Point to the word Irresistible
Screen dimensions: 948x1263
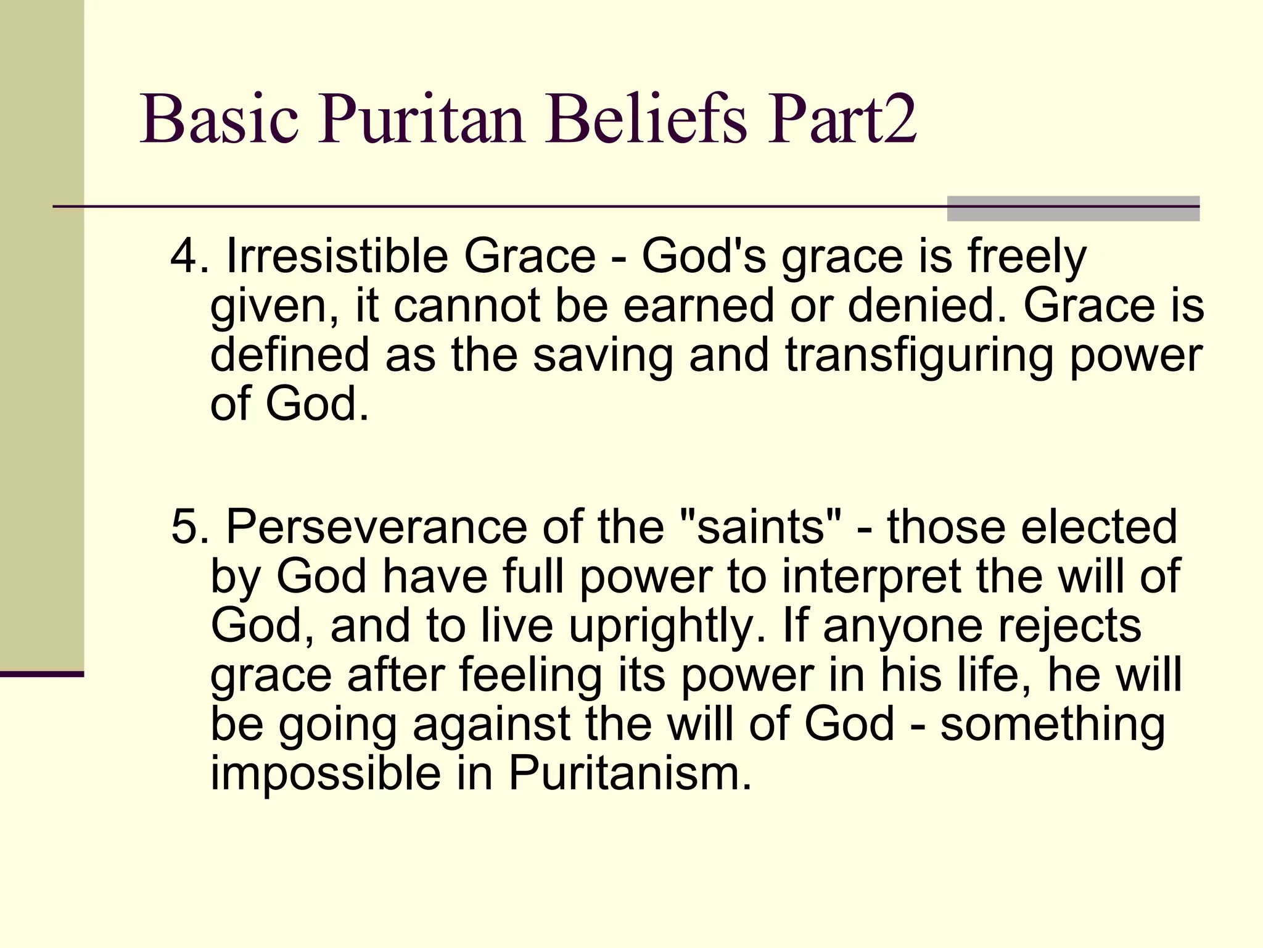click(337, 256)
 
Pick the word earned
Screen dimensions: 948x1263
click(698, 306)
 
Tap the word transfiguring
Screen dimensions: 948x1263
click(919, 356)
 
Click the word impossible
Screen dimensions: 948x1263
click(326, 773)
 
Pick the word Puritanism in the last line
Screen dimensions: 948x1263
click(629, 773)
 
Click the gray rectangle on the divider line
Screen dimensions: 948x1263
click(1072, 209)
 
